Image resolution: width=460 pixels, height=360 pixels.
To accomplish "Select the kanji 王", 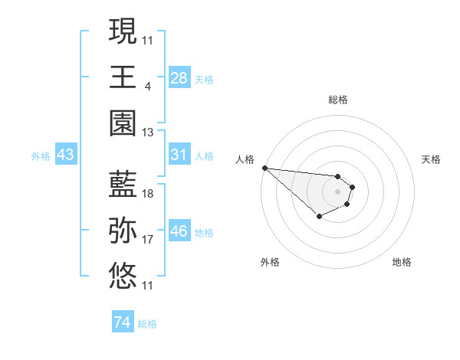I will (123, 77).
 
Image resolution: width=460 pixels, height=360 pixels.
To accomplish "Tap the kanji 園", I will (123, 123).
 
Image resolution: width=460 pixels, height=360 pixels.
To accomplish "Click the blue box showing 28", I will (179, 78).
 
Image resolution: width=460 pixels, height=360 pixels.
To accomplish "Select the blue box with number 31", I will (179, 155).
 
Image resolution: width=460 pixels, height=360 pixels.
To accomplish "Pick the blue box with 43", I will (65, 155).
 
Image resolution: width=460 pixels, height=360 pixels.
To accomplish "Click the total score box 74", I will (122, 323).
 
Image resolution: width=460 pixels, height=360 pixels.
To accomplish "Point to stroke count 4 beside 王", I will (147, 86).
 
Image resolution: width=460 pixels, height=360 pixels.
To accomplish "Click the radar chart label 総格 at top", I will (338, 100).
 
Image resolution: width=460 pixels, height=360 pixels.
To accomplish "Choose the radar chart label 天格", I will (431, 159).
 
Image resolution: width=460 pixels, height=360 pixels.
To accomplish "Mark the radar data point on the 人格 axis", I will (264, 168).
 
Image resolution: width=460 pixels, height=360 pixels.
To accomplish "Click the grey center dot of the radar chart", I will (338, 191).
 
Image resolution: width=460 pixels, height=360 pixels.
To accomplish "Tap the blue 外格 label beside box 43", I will (41, 156).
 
